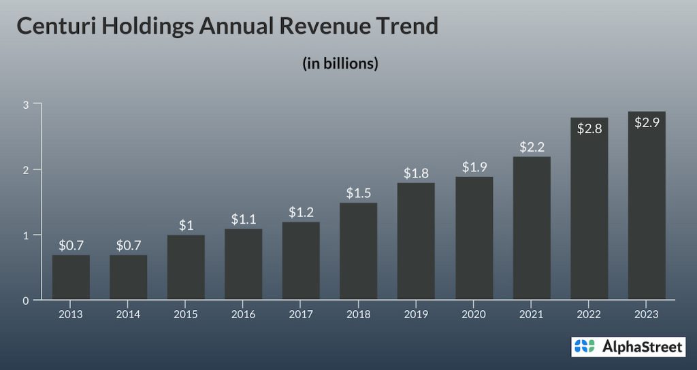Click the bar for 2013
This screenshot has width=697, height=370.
(71, 277)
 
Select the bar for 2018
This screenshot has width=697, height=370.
(359, 251)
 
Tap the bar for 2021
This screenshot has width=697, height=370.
(532, 228)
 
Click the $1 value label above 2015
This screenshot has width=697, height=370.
(186, 225)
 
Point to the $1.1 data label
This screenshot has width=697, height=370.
(244, 219)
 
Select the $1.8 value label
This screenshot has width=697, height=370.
(416, 173)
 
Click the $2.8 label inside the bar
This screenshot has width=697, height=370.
(589, 128)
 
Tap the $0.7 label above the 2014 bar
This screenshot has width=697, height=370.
(128, 245)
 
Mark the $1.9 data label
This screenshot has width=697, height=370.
(474, 167)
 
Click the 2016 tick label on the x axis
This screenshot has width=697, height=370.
(244, 314)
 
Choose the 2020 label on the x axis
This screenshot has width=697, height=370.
(474, 314)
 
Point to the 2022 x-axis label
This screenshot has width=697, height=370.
(589, 314)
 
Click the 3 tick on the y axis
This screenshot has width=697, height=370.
(25, 104)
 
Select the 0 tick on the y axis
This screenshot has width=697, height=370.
(25, 300)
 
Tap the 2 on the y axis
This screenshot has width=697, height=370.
(25, 169)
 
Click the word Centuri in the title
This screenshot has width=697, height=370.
(57, 26)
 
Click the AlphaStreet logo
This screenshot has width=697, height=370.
(628, 347)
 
